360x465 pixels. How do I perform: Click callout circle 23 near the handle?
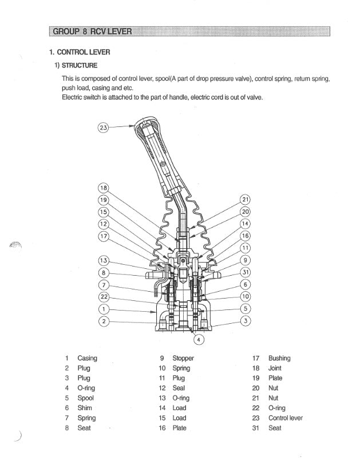tap(103, 128)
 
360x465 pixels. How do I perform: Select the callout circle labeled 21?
tap(245, 200)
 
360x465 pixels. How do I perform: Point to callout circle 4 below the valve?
tap(199, 339)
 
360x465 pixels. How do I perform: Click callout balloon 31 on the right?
tap(245, 272)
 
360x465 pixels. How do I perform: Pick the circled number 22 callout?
tap(103, 297)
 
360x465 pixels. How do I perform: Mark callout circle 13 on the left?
tap(103, 261)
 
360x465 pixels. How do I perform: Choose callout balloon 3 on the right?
tap(245, 320)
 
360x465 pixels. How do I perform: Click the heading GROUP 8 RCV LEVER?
tap(92, 30)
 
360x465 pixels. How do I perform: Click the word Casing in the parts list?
tap(87, 358)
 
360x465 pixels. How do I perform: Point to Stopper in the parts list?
tap(183, 358)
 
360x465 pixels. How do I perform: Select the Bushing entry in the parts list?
tap(279, 358)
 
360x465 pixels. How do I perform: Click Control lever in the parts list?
tap(286, 418)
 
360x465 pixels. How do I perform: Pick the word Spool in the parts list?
tap(86, 398)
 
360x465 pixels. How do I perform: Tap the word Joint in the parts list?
tap(275, 368)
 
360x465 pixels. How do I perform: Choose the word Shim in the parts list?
tap(85, 408)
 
